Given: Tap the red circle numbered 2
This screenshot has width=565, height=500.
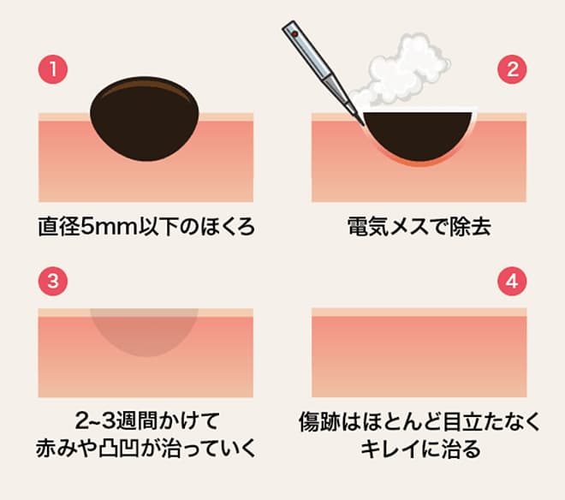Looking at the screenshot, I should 512,70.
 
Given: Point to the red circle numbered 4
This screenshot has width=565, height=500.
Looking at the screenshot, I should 512,282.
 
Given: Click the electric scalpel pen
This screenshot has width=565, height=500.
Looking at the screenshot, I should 321,64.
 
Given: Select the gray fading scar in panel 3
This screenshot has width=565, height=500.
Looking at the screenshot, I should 146,330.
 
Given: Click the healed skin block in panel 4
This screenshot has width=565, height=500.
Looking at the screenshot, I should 419,351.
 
